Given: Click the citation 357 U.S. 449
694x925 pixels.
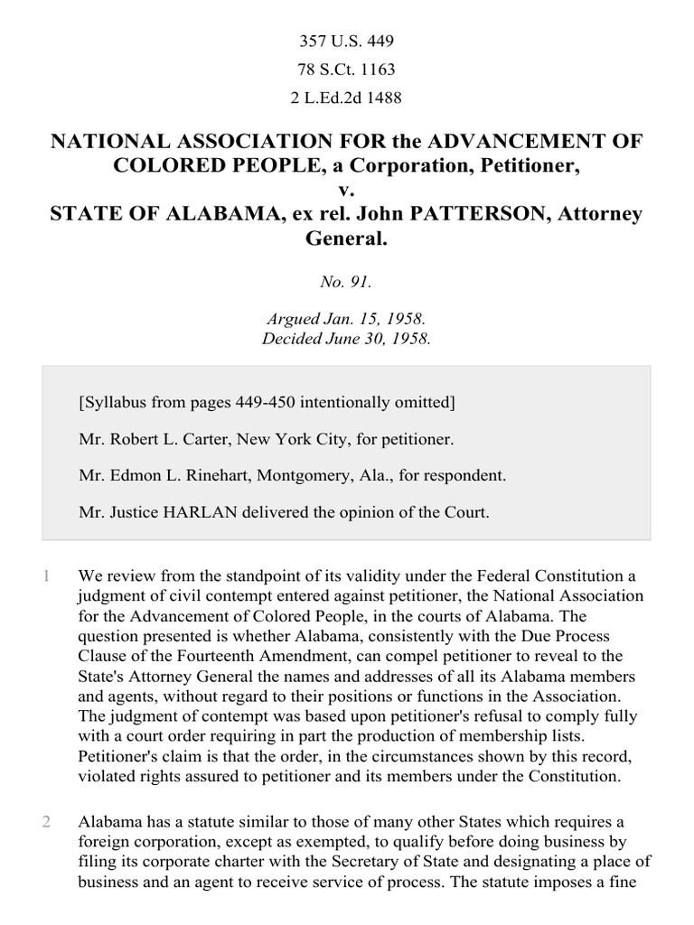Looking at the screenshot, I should coord(346,42).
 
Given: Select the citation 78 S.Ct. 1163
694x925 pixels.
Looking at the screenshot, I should coord(346,70).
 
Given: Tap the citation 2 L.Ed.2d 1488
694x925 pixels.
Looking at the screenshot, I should coord(346,98).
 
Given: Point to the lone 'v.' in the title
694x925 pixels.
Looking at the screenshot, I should coord(346,191).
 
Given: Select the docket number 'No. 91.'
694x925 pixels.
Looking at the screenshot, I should coord(346,282).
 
